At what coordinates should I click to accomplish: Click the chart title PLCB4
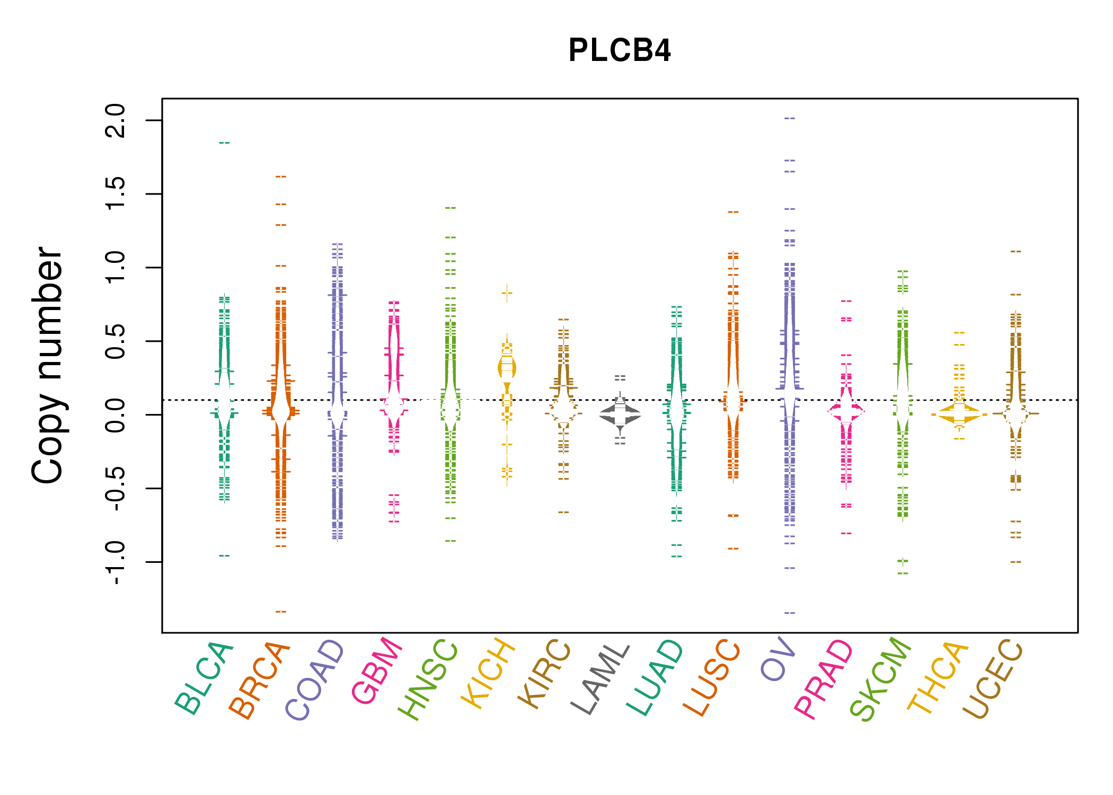(619, 50)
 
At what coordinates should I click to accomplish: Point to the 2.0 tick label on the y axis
(116, 120)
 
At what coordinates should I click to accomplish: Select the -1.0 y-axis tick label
(116, 563)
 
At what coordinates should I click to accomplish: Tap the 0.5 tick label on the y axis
(116, 341)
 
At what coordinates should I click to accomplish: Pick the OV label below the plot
(779, 660)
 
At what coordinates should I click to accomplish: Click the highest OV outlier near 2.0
(790, 118)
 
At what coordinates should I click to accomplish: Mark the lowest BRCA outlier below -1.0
(281, 612)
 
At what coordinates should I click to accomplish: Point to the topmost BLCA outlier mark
(225, 143)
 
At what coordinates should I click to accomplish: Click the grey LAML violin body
(620, 415)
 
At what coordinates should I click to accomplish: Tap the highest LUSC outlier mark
(733, 212)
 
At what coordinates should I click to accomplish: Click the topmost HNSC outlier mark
(450, 208)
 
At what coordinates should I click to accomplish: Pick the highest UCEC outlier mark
(1015, 251)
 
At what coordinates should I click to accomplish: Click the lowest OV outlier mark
(790, 613)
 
